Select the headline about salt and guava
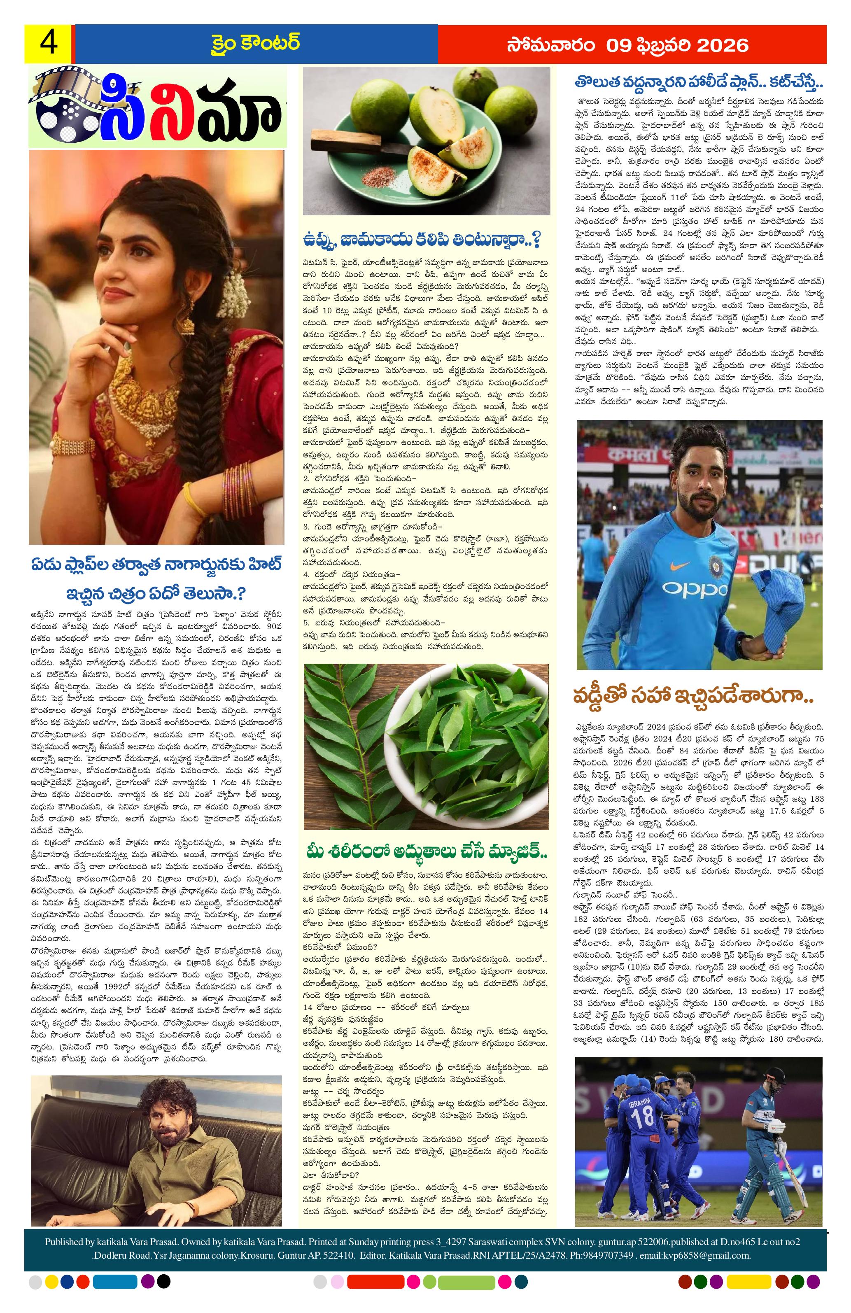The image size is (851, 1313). click(x=422, y=240)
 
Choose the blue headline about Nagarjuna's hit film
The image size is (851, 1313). click(x=156, y=581)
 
